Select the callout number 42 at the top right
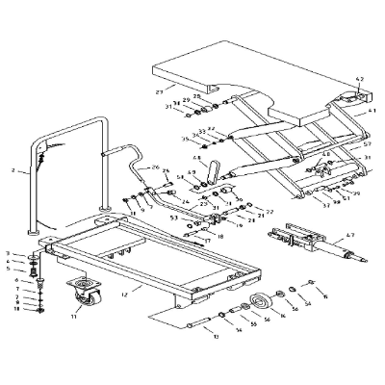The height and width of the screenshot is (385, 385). coord(361,78)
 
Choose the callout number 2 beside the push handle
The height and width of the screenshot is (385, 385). coord(13,170)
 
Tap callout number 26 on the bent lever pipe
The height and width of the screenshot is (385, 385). coord(153,167)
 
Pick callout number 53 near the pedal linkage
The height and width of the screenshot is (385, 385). coord(174,218)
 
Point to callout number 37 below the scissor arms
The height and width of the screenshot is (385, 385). coord(326,205)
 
